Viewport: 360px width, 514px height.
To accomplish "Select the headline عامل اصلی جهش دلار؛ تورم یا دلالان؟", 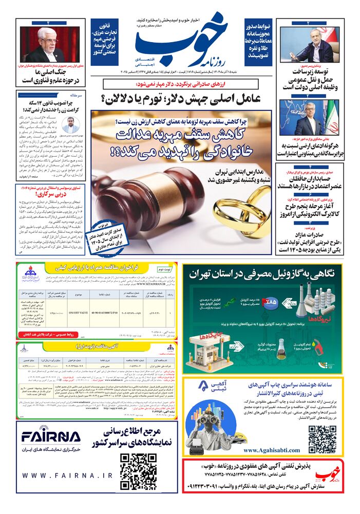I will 181,97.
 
